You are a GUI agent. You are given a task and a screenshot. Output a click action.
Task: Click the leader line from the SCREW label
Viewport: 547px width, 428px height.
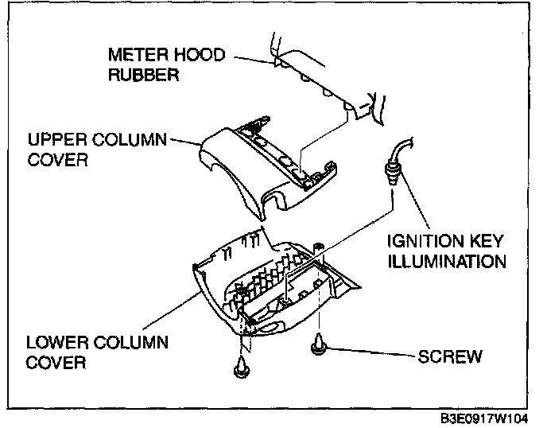click(374, 353)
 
